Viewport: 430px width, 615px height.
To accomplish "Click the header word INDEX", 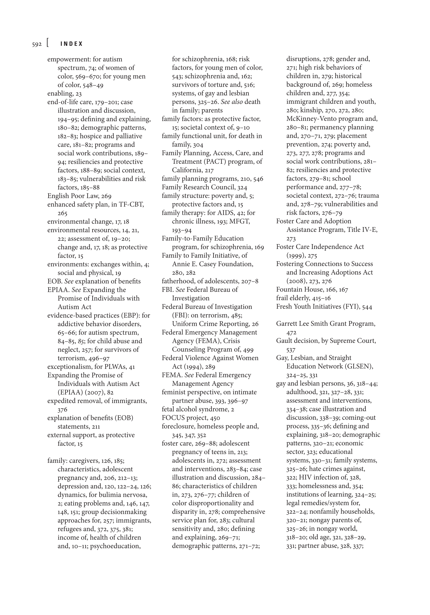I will coord(72,44).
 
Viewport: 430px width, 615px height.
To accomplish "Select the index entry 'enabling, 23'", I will coord(64,93).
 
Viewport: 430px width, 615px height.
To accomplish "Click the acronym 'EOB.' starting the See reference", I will coord(54,281).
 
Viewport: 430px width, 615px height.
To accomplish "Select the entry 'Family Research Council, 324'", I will coord(204,187).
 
